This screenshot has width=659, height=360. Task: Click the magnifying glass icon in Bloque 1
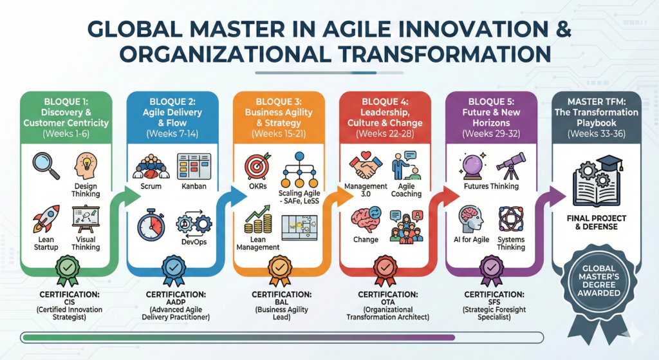pos(46,166)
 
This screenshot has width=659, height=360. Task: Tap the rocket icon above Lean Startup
pos(46,219)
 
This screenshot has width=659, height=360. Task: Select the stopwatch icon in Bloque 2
pos(151,224)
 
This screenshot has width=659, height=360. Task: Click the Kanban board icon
pos(194,167)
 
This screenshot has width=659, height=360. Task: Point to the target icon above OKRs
pos(257,167)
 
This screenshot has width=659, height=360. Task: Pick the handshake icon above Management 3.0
pos(366,166)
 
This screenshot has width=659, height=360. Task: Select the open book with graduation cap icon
pos(597,181)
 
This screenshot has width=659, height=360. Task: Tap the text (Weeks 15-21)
pos(279,134)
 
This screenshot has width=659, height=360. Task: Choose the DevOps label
pos(194,242)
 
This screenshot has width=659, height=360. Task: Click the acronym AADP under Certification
pos(176,302)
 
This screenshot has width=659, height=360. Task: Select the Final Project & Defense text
pos(597,222)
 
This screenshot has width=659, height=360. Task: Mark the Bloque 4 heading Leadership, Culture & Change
pos(385,118)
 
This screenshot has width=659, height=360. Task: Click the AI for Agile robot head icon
pos(471,219)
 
